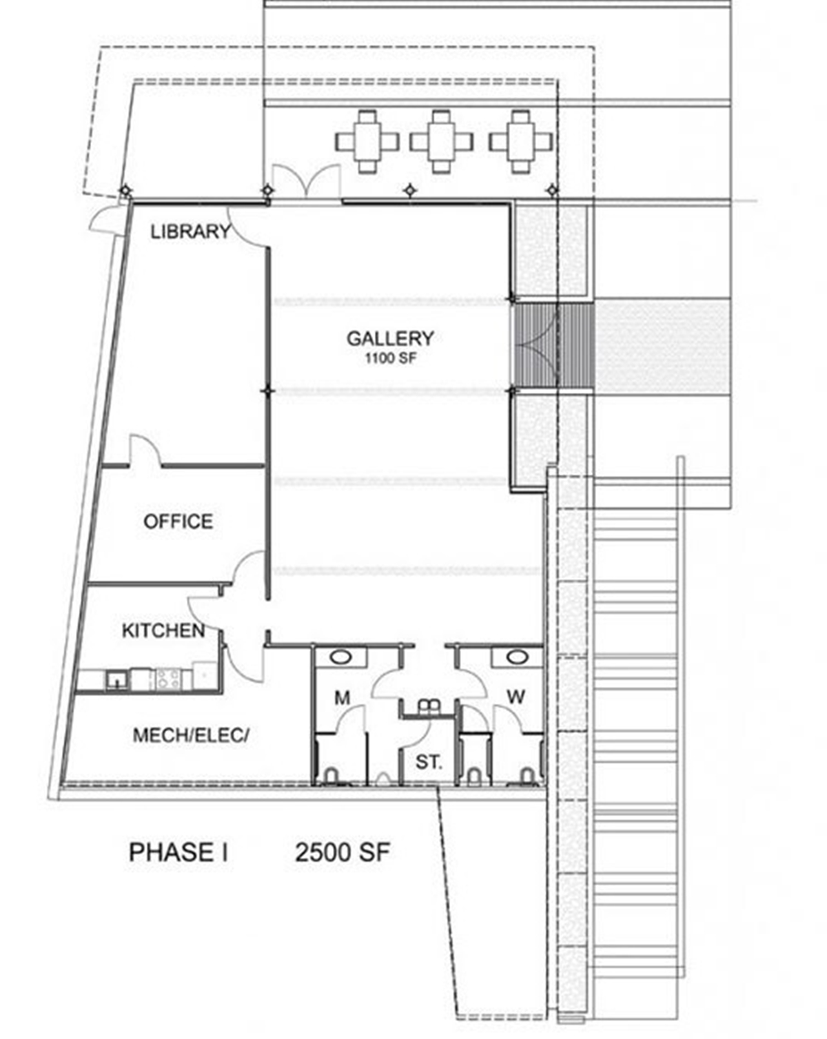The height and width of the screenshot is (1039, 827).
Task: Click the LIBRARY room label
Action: [190, 232]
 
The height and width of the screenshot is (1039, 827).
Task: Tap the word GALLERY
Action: [390, 338]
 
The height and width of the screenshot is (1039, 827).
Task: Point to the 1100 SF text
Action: [390, 358]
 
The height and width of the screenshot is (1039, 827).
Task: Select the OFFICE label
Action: [178, 521]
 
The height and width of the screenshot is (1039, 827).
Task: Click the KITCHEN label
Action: [163, 630]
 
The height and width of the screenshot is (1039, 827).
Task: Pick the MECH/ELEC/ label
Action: [190, 735]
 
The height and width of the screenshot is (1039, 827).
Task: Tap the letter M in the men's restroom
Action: [343, 698]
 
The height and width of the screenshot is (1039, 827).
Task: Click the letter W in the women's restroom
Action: [515, 697]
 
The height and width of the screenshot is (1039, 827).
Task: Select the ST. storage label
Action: [428, 763]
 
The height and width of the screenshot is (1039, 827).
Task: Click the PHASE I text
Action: [178, 853]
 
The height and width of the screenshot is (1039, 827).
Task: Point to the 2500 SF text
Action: [343, 853]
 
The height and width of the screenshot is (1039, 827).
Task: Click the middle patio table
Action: [442, 141]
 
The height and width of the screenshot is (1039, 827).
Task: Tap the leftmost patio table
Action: [367, 141]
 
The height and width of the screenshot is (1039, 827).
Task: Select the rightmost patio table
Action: [521, 141]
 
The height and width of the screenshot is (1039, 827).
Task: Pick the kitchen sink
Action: [116, 680]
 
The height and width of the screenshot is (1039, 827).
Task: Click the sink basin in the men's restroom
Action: [340, 657]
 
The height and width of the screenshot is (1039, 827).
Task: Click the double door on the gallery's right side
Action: [536, 346]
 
